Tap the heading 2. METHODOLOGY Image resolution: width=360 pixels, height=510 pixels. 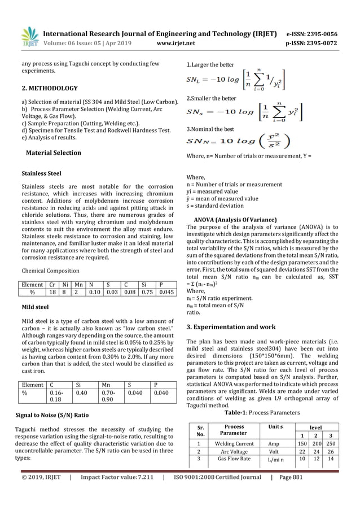coord(50,89)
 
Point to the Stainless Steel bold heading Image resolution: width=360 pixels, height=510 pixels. coord(41,173)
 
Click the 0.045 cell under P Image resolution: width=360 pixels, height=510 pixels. coord(166,293)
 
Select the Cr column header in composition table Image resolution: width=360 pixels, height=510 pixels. coord(52,285)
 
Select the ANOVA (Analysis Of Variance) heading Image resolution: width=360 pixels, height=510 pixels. coord(235,219)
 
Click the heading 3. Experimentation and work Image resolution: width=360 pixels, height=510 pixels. coord(231,326)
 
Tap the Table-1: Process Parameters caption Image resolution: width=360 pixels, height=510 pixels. coord(262,412)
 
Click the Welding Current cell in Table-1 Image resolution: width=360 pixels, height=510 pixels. coord(234,444)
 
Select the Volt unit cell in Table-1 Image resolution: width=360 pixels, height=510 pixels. coord(274,452)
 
